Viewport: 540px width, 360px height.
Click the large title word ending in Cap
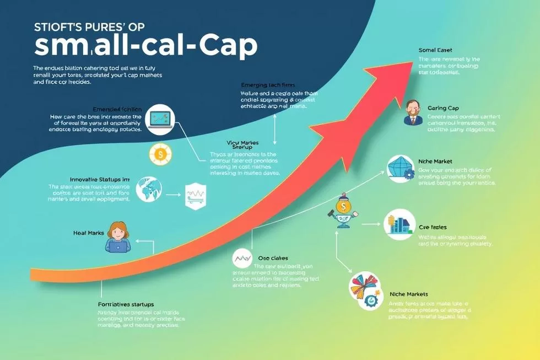[x=145, y=47]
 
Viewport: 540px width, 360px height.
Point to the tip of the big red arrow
[x=411, y=64]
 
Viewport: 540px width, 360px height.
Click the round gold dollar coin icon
[x=159, y=155]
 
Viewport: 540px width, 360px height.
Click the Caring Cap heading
[x=443, y=108]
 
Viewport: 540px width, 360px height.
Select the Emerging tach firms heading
[x=268, y=85]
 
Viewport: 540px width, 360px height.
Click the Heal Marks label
[x=89, y=233]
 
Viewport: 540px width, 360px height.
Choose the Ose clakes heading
[x=273, y=257]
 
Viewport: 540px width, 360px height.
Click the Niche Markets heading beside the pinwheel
[x=409, y=294]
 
